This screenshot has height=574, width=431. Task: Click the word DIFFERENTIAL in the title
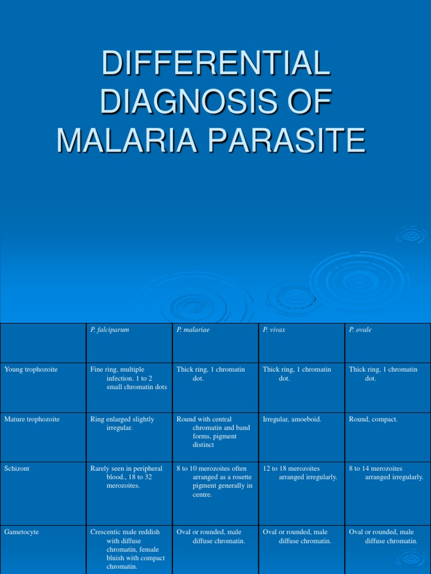[215, 63]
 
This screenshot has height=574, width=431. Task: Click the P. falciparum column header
[110, 330]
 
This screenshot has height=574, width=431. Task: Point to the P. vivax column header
[274, 330]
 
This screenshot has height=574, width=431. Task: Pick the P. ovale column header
[360, 330]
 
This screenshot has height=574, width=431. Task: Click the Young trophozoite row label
[31, 369]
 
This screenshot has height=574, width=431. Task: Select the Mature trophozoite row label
[31, 419]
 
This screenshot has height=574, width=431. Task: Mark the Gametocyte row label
[21, 532]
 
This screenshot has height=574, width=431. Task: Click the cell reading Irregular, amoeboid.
[292, 419]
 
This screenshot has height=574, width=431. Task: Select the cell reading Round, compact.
[373, 419]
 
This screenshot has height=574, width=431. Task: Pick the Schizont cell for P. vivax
[300, 473]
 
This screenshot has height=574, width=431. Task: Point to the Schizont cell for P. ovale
[386, 473]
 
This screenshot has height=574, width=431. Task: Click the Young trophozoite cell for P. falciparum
[129, 378]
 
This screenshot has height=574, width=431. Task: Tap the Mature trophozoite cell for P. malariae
[213, 432]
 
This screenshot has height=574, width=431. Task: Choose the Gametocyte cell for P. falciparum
[129, 549]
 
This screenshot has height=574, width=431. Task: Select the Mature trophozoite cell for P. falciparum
[122, 423]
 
